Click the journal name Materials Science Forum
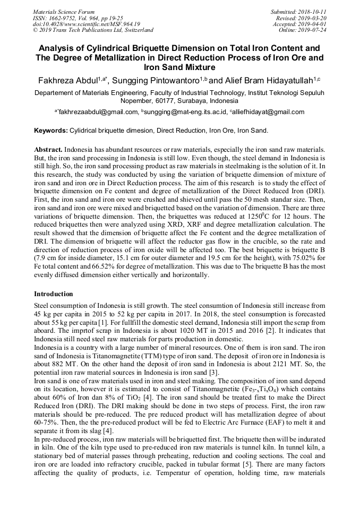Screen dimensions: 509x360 pyautogui.click(x=64, y=11)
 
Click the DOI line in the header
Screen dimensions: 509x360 pyautogui.click(x=86, y=24)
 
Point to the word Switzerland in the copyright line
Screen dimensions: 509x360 pyautogui.click(x=136, y=30)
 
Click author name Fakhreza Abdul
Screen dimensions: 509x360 pyautogui.click(x=67, y=80)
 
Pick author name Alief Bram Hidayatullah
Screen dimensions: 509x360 pyautogui.click(x=268, y=80)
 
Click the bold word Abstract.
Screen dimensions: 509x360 pyautogui.click(x=48, y=151)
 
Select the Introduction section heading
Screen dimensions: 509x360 pyautogui.click(x=54, y=294)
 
